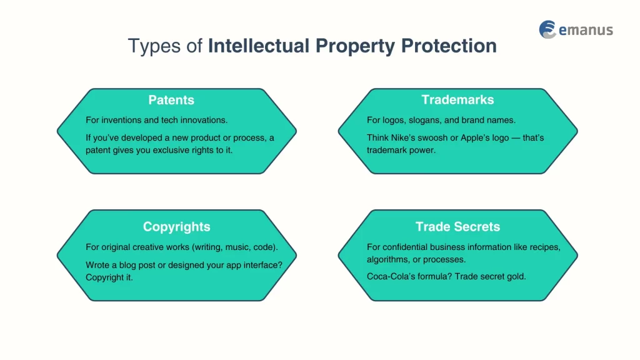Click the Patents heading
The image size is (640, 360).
click(x=171, y=100)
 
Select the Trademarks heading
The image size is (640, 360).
click(x=457, y=100)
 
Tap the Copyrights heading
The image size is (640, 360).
click(x=176, y=227)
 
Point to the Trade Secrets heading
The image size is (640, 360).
click(x=457, y=227)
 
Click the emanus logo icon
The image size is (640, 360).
click(x=548, y=29)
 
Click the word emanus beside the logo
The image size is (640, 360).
click(x=586, y=30)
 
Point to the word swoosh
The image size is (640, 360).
click(x=442, y=137)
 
